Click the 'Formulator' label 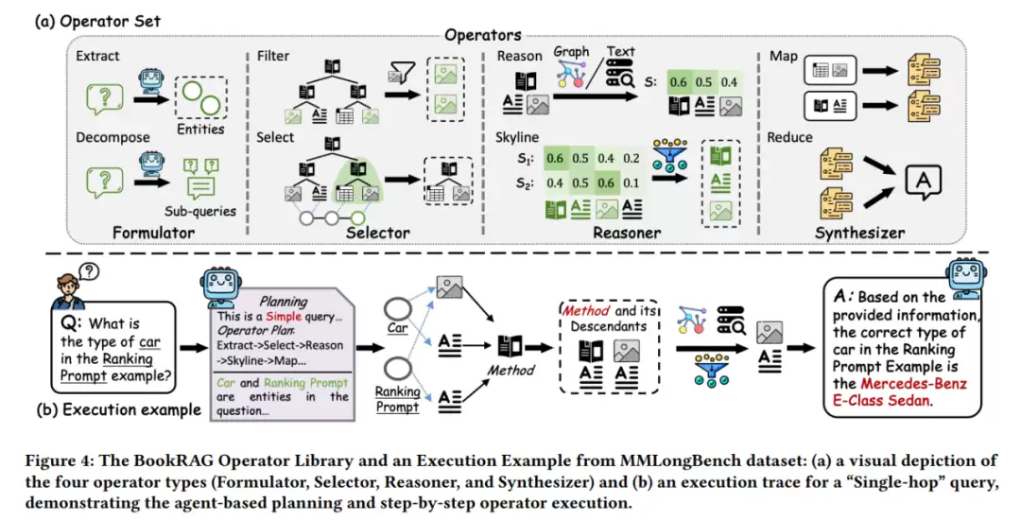click(154, 232)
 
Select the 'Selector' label click(378, 232)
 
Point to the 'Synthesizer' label click(859, 232)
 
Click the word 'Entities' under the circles click(200, 129)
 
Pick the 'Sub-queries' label click(199, 210)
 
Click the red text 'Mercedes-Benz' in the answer click(913, 383)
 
